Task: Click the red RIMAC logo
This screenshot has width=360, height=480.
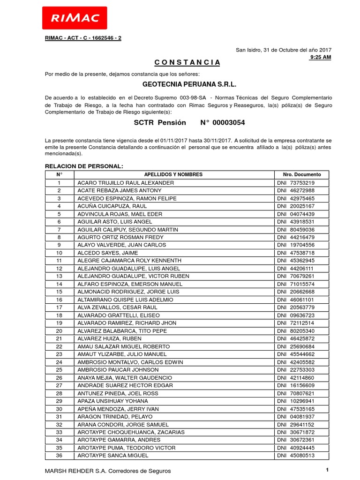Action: (75, 18)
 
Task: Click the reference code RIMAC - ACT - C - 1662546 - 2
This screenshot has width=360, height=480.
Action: (83, 37)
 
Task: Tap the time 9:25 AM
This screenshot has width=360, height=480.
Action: (321, 57)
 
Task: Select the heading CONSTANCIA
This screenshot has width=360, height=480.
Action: (180, 63)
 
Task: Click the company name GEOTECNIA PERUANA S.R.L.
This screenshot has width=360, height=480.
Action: (180, 85)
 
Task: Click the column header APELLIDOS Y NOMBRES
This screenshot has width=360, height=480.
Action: (173, 174)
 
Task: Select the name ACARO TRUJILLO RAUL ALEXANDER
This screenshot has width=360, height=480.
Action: (126, 183)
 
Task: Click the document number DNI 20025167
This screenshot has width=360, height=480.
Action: (296, 206)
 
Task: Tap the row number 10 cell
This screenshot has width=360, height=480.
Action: (59, 253)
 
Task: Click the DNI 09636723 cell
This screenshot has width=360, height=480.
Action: (296, 315)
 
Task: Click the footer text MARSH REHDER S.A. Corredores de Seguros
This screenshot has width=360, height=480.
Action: (108, 471)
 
